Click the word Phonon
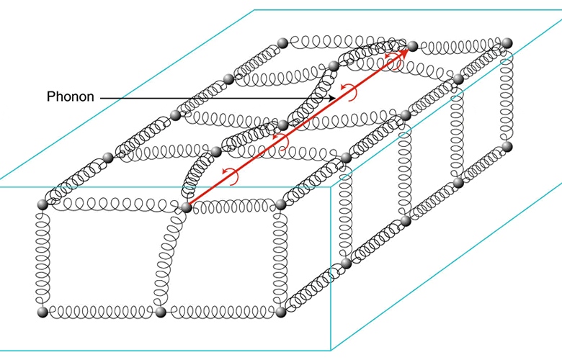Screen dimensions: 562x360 (x=71, y=96)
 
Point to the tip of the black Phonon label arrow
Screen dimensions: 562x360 (x=335, y=98)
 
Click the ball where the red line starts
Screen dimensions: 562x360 (x=186, y=207)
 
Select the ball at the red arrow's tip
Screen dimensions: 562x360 (x=412, y=46)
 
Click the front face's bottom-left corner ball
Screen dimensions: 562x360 (x=43, y=312)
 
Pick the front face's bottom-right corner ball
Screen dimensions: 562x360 (x=281, y=312)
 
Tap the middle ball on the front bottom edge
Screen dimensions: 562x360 (x=161, y=312)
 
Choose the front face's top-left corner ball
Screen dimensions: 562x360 (x=43, y=204)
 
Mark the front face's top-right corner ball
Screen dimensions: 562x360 (x=281, y=204)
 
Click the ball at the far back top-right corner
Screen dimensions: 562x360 (x=507, y=43)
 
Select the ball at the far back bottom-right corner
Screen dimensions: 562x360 (x=507, y=146)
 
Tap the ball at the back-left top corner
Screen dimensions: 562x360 (x=282, y=43)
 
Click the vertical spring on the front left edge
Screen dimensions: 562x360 (x=43, y=258)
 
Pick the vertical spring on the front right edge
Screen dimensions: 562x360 (x=280, y=258)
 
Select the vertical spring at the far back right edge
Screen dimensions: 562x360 (x=506, y=95)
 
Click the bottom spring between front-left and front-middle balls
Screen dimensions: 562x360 (x=102, y=312)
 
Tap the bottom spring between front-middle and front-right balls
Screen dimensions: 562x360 (x=221, y=312)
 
